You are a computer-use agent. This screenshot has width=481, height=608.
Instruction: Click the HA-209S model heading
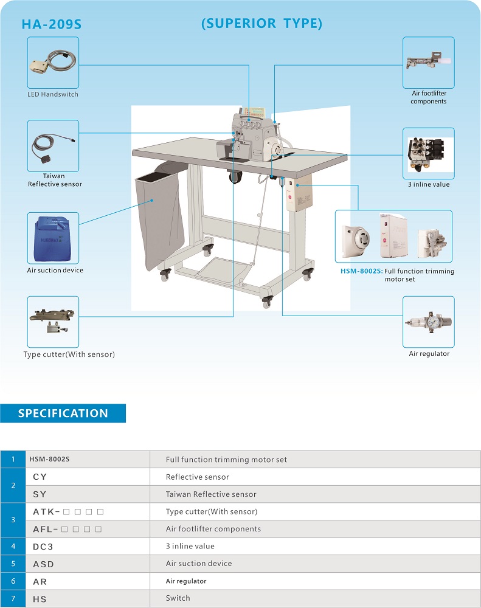51,25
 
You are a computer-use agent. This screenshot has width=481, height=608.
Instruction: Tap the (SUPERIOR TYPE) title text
261,24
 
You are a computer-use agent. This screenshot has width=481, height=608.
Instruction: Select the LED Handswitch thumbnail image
53,63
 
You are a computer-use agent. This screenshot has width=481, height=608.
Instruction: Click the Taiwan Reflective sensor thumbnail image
53,146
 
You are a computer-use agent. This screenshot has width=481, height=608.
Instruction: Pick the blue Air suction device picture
53,238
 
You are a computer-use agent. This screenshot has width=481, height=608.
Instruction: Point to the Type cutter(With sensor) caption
69,354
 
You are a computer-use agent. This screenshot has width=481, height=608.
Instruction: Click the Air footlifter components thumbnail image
428,63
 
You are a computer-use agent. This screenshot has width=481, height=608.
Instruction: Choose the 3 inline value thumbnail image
428,153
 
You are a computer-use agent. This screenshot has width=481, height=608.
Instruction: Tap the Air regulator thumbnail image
428,322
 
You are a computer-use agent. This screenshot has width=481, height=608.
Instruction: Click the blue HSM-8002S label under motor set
361,271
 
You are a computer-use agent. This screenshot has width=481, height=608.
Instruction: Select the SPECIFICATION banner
63,413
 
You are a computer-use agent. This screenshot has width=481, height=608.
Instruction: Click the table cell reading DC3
44,547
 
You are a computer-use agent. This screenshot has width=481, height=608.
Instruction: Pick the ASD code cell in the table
44,564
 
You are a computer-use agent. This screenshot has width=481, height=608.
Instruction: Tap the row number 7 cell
13,598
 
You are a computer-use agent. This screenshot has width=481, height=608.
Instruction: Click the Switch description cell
178,598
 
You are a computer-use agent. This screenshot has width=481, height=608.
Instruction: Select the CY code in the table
40,477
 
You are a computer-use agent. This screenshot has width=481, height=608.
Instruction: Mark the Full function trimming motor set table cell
226,460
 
